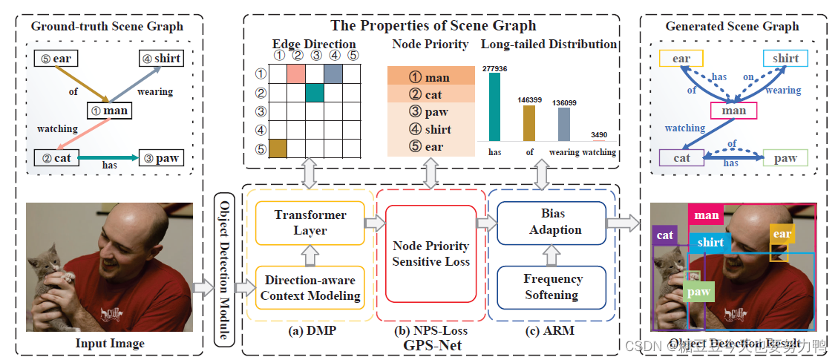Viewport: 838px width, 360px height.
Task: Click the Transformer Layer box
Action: [x=310, y=221]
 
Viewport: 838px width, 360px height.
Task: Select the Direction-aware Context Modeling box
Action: [x=310, y=288]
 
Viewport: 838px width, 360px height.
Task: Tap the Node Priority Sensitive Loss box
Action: [x=431, y=253]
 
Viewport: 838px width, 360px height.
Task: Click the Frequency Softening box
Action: [x=551, y=287]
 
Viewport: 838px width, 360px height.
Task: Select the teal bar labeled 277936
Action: [x=494, y=107]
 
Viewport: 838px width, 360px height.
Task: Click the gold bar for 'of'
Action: [x=528, y=122]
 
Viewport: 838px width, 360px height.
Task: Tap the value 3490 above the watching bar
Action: [x=599, y=134]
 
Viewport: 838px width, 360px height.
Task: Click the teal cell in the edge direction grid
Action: [x=314, y=93]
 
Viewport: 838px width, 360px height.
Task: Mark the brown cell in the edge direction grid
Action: [x=277, y=147]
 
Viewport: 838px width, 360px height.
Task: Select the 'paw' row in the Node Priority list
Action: [x=431, y=112]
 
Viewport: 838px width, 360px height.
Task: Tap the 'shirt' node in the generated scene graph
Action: [x=785, y=59]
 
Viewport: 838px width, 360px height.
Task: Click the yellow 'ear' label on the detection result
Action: [x=782, y=234]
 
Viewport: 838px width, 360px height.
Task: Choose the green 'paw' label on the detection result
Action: [x=698, y=292]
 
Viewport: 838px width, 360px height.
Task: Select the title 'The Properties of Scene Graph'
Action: [x=433, y=25]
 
